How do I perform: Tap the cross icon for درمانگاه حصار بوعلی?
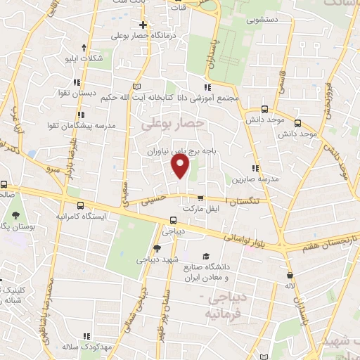click(143, 25)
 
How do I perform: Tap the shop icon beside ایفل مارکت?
click(201, 198)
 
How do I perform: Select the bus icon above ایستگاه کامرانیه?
click(81, 205)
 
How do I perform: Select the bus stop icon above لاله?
click(289, 275)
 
